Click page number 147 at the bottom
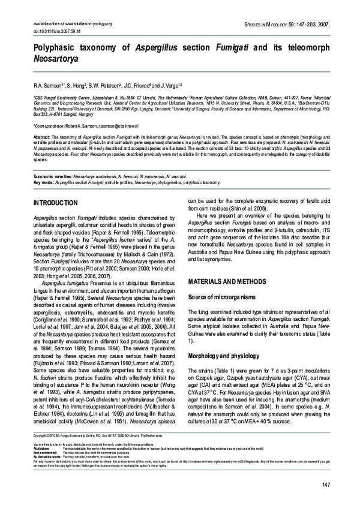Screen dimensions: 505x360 point(326,485)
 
